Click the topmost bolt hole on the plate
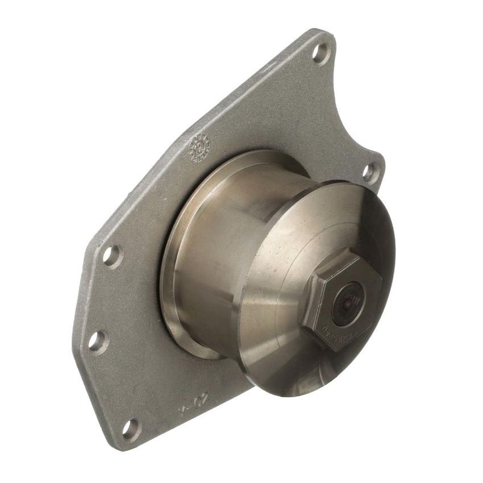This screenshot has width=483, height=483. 320,53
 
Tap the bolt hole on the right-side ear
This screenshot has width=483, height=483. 370,171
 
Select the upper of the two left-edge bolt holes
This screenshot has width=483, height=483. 111,255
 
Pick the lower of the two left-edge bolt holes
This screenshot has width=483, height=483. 97,341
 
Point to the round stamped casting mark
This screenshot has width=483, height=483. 199,148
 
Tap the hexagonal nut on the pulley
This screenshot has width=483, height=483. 339,298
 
